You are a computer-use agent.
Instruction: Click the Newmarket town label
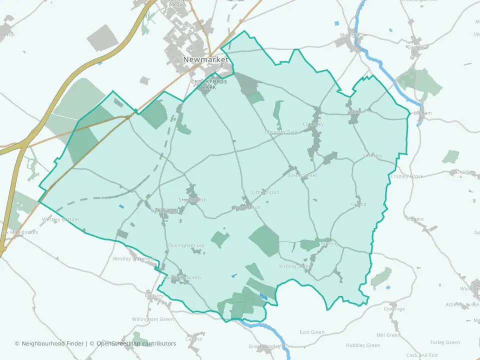pyautogui.click(x=205, y=59)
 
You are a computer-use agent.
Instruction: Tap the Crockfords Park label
pyautogui.click(x=209, y=84)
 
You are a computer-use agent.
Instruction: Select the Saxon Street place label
pyautogui.click(x=302, y=176)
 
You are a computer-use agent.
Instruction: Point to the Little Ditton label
pyautogui.click(x=265, y=192)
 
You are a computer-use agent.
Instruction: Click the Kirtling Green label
pyautogui.click(x=295, y=266)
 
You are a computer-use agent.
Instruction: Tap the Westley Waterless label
pyautogui.click(x=134, y=259)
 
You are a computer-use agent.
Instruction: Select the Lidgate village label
pyautogui.click(x=415, y=219)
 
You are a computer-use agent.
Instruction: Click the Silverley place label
pyautogui.click(x=372, y=156)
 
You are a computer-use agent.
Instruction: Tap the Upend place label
pyautogui.click(x=358, y=204)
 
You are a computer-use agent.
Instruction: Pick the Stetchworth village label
pyautogui.click(x=192, y=200)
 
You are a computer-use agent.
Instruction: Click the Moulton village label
pyautogui.click(x=349, y=35)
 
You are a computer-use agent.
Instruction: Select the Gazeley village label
pyautogui.click(x=415, y=47)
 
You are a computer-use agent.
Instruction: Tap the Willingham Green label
pyautogui.click(x=152, y=319)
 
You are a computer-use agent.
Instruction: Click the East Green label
pyautogui.click(x=311, y=332)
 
